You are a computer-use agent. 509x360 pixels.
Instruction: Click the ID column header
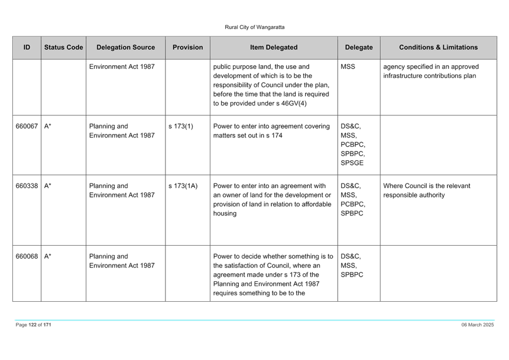27,47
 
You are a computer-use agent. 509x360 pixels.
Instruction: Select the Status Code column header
63,47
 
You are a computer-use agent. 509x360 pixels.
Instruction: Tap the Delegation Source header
126,47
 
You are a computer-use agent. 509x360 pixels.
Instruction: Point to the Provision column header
188,47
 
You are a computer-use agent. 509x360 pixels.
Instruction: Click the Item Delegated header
274,47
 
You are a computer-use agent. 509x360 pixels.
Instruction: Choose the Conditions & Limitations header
438,47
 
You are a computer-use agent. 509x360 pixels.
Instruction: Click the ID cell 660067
27,126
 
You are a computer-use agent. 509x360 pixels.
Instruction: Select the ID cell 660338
27,186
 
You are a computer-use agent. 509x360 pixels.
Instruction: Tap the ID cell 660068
27,256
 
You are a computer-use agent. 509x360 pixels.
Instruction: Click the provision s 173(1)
181,126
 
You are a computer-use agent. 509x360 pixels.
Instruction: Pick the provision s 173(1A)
183,186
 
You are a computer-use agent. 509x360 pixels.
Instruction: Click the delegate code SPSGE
352,163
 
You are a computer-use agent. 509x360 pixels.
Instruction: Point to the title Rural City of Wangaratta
254,27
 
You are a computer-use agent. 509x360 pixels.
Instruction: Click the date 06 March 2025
478,324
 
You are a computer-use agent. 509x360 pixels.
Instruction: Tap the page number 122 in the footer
33,324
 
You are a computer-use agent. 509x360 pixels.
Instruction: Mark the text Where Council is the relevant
426,186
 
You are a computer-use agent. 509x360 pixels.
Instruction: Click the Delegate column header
359,47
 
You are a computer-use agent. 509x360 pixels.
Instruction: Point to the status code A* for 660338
47,186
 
